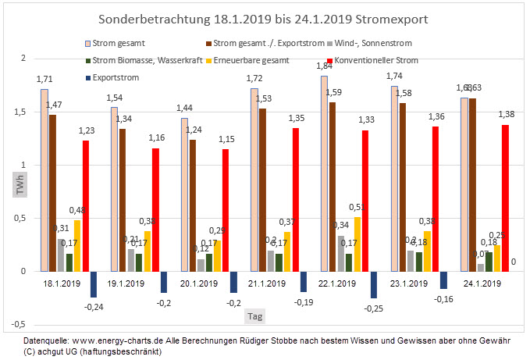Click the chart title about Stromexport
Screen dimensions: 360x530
tap(265, 17)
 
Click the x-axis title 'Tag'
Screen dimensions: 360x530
tap(255, 316)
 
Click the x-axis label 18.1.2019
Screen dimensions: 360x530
tap(62, 284)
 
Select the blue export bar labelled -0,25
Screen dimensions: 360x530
tap(373, 284)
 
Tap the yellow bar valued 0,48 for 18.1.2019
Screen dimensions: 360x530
tap(77, 245)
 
